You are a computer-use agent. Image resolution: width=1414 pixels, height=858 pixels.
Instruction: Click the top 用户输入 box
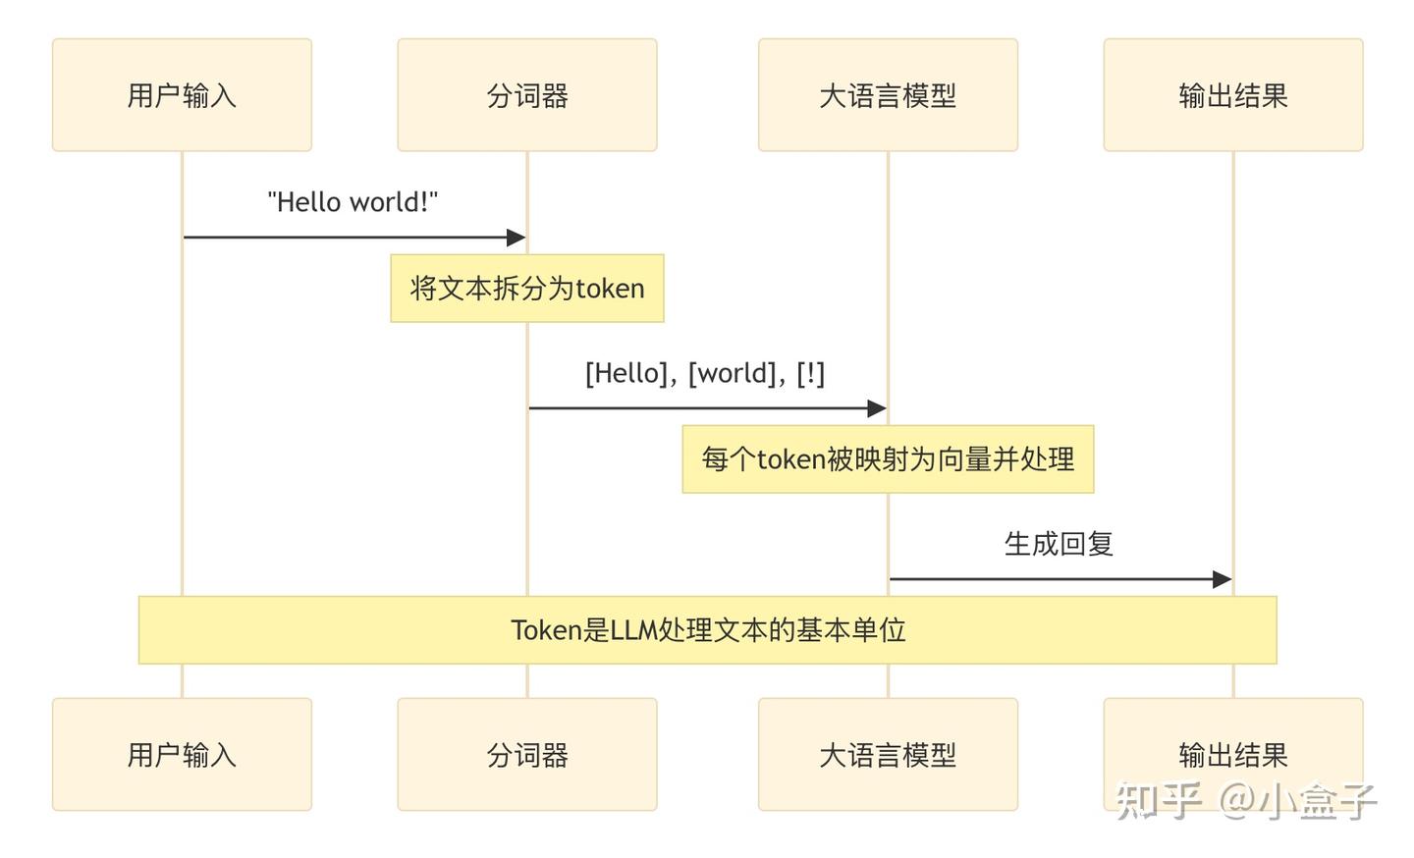coord(182,95)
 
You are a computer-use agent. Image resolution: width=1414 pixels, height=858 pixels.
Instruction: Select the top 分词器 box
coord(527,95)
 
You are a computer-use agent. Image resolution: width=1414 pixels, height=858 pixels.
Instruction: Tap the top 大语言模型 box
coord(888,95)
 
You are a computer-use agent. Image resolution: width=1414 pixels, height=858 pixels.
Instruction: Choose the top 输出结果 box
coord(1233,95)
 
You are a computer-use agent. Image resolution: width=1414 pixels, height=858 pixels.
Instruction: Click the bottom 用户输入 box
coord(182,754)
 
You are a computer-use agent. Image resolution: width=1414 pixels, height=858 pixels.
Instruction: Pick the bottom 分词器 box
coord(527,754)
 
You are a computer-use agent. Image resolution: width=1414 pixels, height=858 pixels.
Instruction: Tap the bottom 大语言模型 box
coord(888,754)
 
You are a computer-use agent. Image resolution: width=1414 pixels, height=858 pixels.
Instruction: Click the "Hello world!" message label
coord(353,202)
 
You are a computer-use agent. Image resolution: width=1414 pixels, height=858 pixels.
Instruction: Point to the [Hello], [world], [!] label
coord(705,373)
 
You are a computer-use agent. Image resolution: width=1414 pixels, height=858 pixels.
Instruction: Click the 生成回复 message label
coord(1059,544)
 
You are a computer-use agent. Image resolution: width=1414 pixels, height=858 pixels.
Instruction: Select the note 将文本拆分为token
coord(527,289)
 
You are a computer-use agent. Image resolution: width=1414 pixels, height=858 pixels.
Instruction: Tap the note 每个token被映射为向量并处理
coord(888,459)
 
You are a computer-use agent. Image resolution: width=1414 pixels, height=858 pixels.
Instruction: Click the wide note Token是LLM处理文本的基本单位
coord(707,630)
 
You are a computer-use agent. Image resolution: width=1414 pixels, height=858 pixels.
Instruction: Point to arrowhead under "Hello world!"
coord(517,238)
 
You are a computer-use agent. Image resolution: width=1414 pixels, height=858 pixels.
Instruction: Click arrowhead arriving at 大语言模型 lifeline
coord(877,408)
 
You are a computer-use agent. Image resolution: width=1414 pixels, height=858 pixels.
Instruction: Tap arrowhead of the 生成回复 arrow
coord(1222,579)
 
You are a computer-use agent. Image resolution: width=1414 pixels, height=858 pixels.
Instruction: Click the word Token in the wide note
coord(546,630)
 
